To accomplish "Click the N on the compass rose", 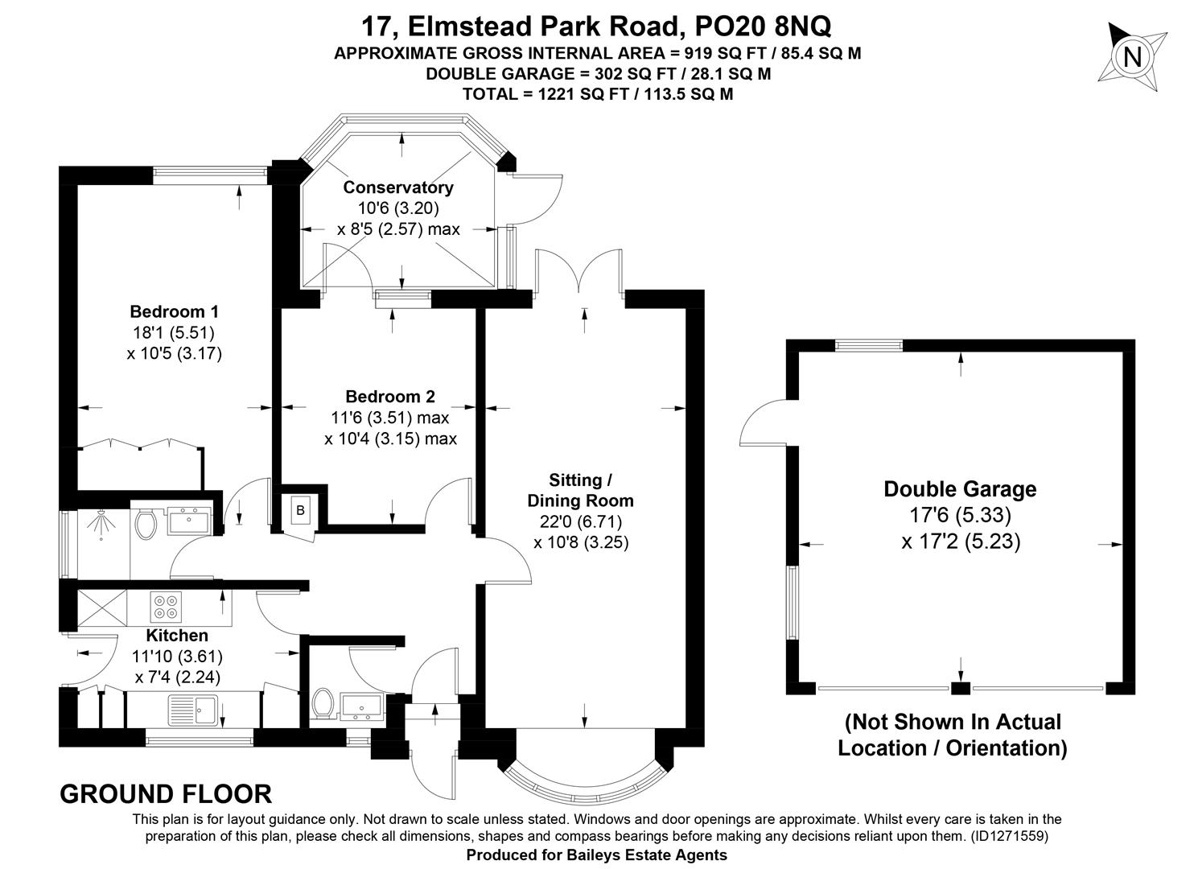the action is (x=1132, y=56).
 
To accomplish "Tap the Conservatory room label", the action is (x=398, y=187).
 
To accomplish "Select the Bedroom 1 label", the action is (x=175, y=311).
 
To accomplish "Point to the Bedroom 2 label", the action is (x=390, y=397).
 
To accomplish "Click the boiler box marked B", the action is (x=300, y=510).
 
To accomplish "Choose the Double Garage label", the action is (x=960, y=489).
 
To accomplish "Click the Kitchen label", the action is (x=177, y=636).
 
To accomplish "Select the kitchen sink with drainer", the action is (x=192, y=710).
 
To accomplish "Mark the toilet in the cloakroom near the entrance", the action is (x=323, y=704).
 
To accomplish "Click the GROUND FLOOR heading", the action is (x=166, y=794).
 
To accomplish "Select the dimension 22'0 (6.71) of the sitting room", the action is (x=581, y=521).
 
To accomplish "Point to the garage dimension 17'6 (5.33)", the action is (x=960, y=515).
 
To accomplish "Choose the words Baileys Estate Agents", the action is (x=645, y=855).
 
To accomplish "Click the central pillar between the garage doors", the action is (x=961, y=688).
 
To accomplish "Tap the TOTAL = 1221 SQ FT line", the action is (x=598, y=94).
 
